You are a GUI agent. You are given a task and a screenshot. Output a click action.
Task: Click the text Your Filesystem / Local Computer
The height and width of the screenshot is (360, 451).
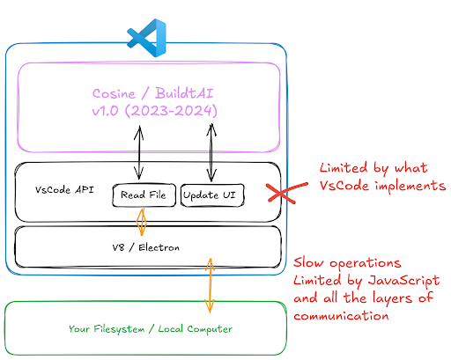pyautogui.click(x=151, y=329)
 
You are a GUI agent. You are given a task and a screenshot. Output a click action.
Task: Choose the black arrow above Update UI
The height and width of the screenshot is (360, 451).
pyautogui.click(x=211, y=152)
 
